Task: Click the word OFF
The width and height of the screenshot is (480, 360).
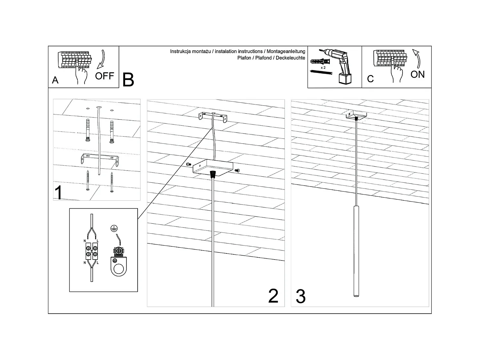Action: [105, 76]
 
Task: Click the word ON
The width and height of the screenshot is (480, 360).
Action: [418, 75]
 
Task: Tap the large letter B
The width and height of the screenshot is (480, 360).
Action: [128, 80]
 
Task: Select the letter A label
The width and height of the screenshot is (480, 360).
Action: [55, 80]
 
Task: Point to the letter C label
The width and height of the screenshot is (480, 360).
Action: [370, 79]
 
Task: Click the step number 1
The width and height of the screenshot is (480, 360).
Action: [58, 192]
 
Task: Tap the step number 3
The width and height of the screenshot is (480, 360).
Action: [301, 296]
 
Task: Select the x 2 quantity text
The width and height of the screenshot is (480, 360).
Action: [323, 68]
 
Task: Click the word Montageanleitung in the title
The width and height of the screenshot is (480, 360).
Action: [286, 52]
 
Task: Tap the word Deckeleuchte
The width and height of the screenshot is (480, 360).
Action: [291, 58]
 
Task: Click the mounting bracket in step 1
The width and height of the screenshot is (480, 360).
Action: [100, 159]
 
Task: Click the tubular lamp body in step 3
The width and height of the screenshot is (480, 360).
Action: [356, 251]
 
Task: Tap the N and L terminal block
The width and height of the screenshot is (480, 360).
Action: [92, 251]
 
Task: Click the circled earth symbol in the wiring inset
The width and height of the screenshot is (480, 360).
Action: [114, 228]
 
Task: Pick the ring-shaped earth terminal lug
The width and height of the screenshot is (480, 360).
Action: [118, 267]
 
